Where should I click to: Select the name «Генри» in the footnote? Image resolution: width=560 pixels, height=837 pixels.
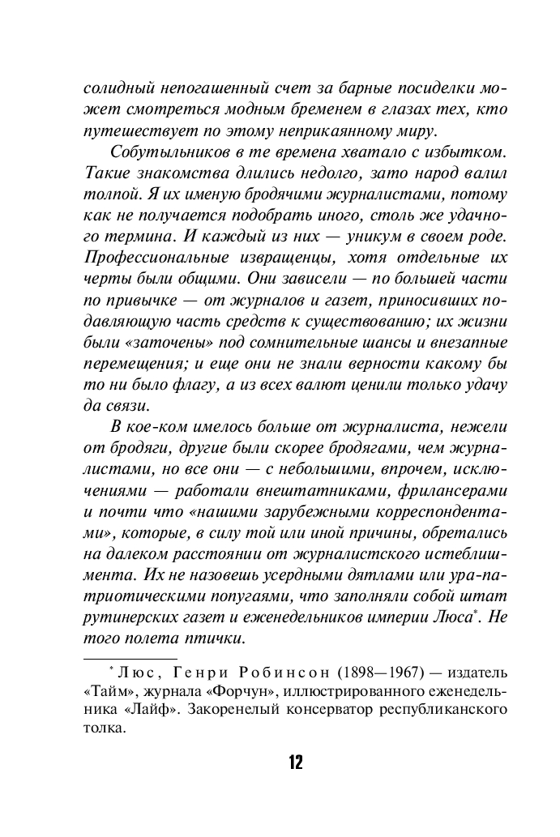click(194, 673)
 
